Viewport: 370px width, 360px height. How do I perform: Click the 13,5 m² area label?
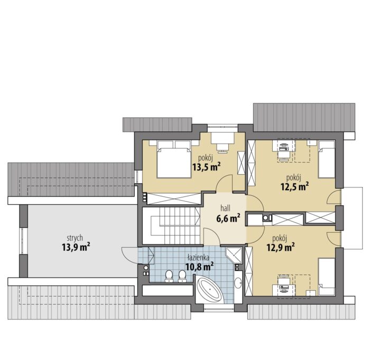point(207,167)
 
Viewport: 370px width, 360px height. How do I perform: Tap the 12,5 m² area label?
point(294,186)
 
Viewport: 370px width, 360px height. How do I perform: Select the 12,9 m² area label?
point(281,248)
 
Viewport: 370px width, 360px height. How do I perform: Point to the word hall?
point(225,208)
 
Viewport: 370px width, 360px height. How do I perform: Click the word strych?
point(75,238)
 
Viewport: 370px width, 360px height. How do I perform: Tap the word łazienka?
point(198,258)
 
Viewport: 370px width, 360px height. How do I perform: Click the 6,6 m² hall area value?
point(228,217)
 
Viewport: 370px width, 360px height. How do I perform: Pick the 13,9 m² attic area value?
point(76,247)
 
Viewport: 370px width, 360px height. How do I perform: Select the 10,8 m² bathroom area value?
point(200,267)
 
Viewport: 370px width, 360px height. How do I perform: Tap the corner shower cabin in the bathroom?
point(234,255)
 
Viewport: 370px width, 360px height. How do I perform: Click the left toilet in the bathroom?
point(169,276)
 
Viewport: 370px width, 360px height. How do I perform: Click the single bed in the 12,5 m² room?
point(326,159)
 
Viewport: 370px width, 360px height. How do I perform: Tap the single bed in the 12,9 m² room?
point(326,277)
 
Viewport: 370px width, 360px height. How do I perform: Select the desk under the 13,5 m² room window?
point(223,141)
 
